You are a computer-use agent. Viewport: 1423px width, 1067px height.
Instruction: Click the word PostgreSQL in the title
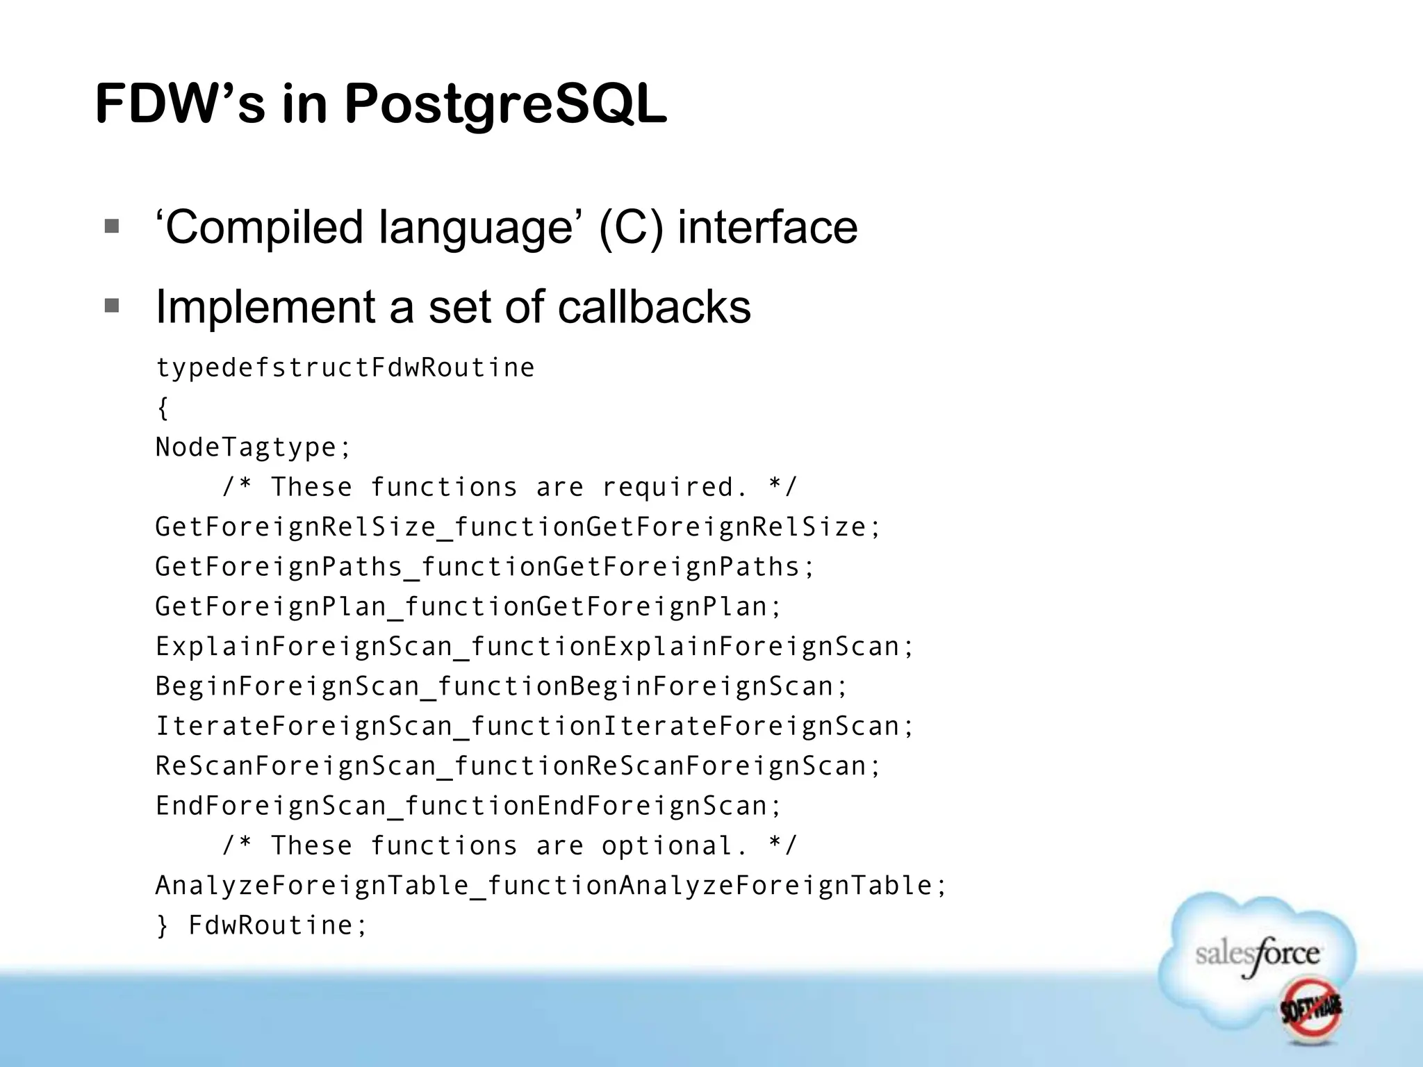pyautogui.click(x=505, y=104)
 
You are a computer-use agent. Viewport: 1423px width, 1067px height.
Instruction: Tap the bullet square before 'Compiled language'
pyautogui.click(x=111, y=226)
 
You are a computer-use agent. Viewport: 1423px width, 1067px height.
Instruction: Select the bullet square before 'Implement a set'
pyautogui.click(x=111, y=306)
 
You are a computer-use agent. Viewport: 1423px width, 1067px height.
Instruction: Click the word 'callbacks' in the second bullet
pyautogui.click(x=654, y=306)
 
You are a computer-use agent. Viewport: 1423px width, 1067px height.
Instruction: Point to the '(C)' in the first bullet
pyautogui.click(x=630, y=227)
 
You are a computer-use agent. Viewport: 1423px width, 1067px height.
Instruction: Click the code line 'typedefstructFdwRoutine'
pyautogui.click(x=345, y=367)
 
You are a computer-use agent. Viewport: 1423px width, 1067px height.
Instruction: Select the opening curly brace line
pyautogui.click(x=163, y=408)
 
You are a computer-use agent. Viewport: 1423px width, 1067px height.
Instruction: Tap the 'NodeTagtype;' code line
pyautogui.click(x=254, y=447)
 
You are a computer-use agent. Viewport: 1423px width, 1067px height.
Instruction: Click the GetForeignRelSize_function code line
pyautogui.click(x=518, y=527)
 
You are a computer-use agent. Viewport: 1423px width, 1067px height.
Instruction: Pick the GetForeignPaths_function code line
pyautogui.click(x=484, y=567)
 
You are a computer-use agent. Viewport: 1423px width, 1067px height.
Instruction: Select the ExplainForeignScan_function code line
pyautogui.click(x=534, y=647)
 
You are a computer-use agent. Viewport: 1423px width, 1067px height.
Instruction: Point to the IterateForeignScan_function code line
pyautogui.click(x=534, y=726)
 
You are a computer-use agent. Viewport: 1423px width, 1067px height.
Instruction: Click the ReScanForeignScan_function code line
pyautogui.click(x=518, y=766)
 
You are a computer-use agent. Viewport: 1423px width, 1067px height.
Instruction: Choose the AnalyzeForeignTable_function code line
pyautogui.click(x=551, y=886)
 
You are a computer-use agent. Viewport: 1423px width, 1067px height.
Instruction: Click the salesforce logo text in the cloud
pyautogui.click(x=1257, y=954)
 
